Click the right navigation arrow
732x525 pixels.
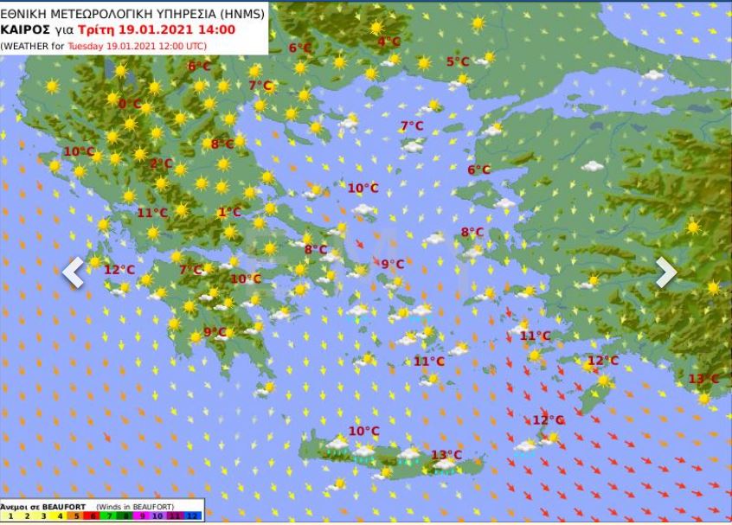point(665,272)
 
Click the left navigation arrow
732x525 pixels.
point(74,272)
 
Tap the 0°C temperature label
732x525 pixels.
point(129,104)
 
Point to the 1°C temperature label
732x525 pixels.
point(229,213)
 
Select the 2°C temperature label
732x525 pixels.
point(161,163)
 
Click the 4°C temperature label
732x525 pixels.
point(388,42)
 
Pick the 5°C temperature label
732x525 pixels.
point(457,61)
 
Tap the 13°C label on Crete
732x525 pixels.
point(446,455)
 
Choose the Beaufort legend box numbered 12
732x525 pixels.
point(195,516)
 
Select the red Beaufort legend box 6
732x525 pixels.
point(93,516)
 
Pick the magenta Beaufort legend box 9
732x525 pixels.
point(143,516)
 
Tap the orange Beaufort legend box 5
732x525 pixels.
point(76,516)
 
